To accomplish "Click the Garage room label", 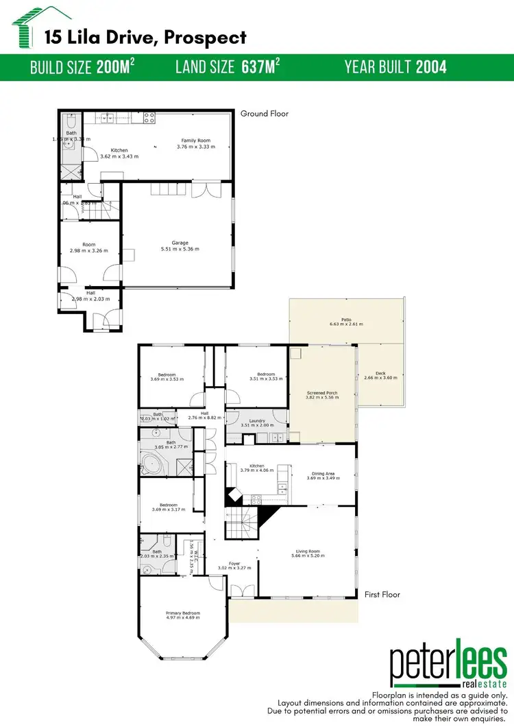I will [180, 242].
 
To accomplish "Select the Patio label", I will [346, 318].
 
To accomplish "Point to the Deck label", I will [380, 371].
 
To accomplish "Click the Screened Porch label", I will [322, 393].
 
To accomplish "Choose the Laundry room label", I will [256, 420].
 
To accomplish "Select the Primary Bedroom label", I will [182, 613].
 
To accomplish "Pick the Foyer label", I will [234, 563].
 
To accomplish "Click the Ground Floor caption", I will [265, 114].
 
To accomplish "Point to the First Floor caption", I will [382, 595].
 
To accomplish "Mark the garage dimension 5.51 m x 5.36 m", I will [180, 249].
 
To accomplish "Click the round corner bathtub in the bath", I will [152, 464].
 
